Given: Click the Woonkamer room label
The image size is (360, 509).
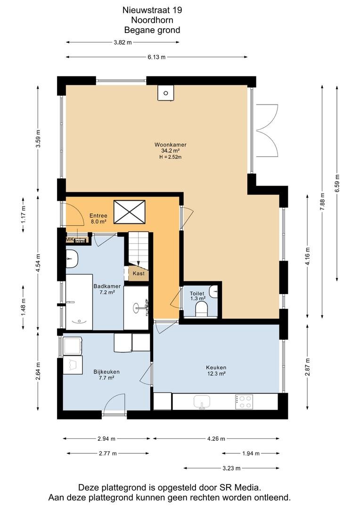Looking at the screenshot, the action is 171,145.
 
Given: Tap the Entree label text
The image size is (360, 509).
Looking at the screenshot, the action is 98,216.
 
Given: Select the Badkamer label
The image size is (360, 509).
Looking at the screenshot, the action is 107,287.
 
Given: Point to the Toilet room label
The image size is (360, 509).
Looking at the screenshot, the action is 197,294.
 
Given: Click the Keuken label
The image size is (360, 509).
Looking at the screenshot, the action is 216,368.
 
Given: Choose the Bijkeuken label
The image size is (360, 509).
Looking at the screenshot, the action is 106,372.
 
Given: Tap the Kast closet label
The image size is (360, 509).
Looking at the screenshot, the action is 139,273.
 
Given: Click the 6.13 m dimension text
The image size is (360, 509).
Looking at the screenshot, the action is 156,57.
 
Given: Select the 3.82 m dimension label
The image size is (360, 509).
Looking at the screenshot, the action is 123,42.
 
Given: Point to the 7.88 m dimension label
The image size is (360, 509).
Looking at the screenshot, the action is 322,202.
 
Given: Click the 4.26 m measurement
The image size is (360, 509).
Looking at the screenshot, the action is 216,439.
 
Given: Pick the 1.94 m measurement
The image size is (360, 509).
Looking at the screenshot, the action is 251,453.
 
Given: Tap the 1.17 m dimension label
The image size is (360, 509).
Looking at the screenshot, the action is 24,215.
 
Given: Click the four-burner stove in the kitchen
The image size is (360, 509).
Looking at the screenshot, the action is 244,402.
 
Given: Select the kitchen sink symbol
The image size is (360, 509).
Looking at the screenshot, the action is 202,402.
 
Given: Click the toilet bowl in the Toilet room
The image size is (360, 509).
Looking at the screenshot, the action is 202,309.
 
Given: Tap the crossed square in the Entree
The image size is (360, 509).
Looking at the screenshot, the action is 130,212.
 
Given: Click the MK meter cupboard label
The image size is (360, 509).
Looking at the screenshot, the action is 70,239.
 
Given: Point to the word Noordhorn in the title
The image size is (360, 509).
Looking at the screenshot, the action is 152,20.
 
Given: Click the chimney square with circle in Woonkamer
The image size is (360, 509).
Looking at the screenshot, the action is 165,93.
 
